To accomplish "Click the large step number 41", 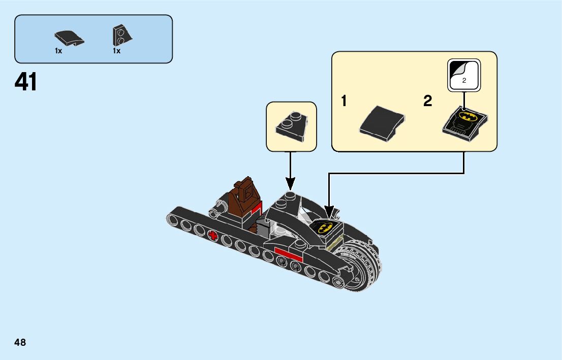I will click(x=26, y=82).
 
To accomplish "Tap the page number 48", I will click(x=20, y=342).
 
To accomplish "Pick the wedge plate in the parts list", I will click(x=121, y=36).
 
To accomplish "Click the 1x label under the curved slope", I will click(x=58, y=51).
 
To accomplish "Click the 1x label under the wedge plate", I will click(x=116, y=51).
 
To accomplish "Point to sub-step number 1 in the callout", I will click(x=344, y=102).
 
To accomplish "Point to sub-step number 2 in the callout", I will click(x=427, y=102).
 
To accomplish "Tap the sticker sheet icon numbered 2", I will click(x=463, y=76).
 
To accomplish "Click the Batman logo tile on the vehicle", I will click(x=327, y=226).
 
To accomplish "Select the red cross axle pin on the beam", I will click(x=213, y=235).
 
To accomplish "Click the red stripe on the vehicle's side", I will click(x=288, y=252).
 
